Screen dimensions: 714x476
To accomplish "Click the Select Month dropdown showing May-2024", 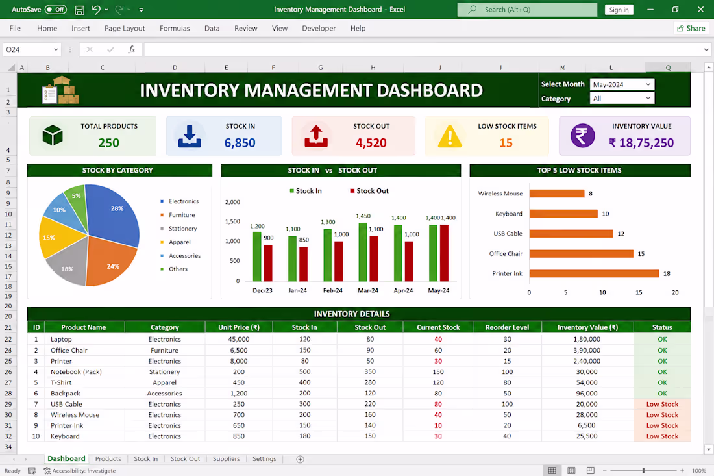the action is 622,84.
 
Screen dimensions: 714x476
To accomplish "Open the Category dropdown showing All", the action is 622,98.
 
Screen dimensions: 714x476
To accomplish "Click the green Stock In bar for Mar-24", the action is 362,252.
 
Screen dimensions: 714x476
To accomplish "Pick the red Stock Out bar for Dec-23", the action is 268,263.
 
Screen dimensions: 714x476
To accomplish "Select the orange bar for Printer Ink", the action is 594,273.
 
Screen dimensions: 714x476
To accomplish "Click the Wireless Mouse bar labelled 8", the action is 556,194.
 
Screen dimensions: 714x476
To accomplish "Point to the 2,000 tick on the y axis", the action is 232,202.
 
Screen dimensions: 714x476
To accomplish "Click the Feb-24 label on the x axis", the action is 333,290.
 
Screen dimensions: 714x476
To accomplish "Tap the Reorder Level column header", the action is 508,327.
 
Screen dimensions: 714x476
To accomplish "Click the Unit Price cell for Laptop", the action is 239,339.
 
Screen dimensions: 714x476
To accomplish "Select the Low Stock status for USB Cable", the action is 662,404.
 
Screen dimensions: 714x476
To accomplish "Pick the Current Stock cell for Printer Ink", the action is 438,425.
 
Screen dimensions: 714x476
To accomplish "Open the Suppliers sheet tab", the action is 226,458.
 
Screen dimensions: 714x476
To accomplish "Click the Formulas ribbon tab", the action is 175,28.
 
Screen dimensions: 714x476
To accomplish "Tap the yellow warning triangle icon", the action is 450,136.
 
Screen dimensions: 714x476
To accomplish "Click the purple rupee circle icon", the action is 582,136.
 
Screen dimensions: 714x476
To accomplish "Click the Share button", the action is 691,28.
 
